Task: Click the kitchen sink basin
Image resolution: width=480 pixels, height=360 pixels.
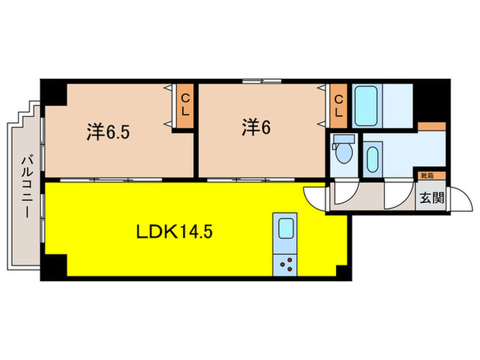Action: (x=283, y=230)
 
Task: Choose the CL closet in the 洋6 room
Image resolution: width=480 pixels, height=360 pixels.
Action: (x=338, y=106)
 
